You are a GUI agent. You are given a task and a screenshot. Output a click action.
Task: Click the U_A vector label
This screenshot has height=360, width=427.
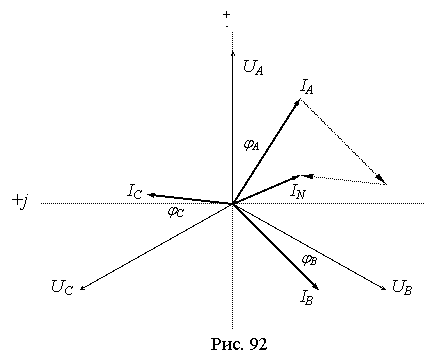pos(253,67)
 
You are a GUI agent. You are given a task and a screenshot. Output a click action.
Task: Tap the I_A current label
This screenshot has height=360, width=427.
pos(307,87)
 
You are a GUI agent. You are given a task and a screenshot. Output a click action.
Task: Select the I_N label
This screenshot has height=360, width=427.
pos(298,191)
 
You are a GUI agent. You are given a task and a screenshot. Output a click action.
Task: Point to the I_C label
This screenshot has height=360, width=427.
pos(135,191)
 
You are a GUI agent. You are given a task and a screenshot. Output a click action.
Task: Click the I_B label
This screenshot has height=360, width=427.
pos(306,297)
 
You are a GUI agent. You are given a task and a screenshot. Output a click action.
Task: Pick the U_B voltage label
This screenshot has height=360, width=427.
pos(402,287)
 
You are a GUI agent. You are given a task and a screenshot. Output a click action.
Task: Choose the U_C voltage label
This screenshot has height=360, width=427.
pos(62,287)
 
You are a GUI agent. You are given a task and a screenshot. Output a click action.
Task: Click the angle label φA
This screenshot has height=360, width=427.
pos(251,145)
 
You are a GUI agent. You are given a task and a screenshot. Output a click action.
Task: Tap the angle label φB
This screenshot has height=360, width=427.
pos(309,260)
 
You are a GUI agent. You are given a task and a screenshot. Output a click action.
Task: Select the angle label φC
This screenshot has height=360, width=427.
pos(175,212)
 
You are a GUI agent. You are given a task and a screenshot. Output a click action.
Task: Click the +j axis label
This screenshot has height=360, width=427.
pos(19,201)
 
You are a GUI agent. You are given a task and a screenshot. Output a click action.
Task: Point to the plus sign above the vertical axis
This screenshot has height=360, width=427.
pos(227,14)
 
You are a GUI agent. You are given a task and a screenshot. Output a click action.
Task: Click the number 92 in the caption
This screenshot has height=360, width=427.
pos(258,344)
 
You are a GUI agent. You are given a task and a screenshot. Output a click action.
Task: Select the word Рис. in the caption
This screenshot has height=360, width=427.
pos(228,344)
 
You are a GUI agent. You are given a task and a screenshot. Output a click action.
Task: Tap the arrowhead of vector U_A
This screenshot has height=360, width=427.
pos(232,53)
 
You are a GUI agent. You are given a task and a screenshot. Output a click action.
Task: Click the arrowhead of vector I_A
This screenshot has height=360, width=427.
pos(298,102)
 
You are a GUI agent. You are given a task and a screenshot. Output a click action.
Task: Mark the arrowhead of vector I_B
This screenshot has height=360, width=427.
pos(316,287)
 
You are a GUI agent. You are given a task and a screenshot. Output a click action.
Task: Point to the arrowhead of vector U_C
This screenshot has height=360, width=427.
pos(83,287)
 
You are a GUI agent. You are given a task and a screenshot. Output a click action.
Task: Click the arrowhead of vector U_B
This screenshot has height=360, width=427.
pos(383,287)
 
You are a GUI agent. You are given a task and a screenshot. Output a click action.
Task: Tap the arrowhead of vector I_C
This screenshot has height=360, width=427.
pos(151,195)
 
